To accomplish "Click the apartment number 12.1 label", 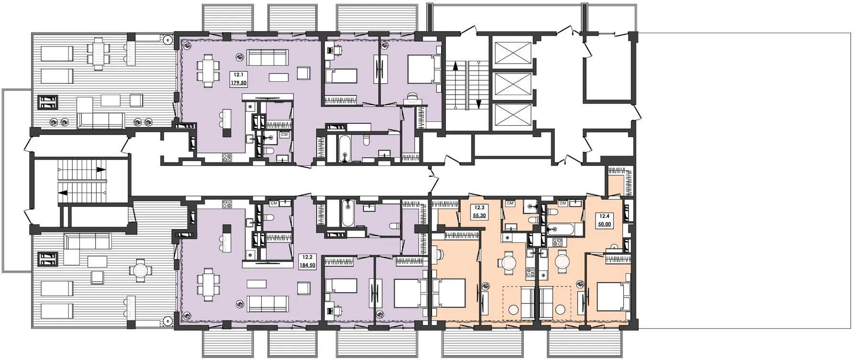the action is (x=237, y=75).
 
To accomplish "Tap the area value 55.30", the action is (x=479, y=216).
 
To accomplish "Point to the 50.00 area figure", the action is (x=604, y=224).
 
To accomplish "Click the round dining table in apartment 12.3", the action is (x=508, y=262).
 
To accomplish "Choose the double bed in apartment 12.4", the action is (x=614, y=296).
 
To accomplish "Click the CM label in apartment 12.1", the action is (x=284, y=134).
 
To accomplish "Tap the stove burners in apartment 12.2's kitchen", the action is (x=226, y=204).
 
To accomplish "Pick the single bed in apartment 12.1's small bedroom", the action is (x=342, y=76).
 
